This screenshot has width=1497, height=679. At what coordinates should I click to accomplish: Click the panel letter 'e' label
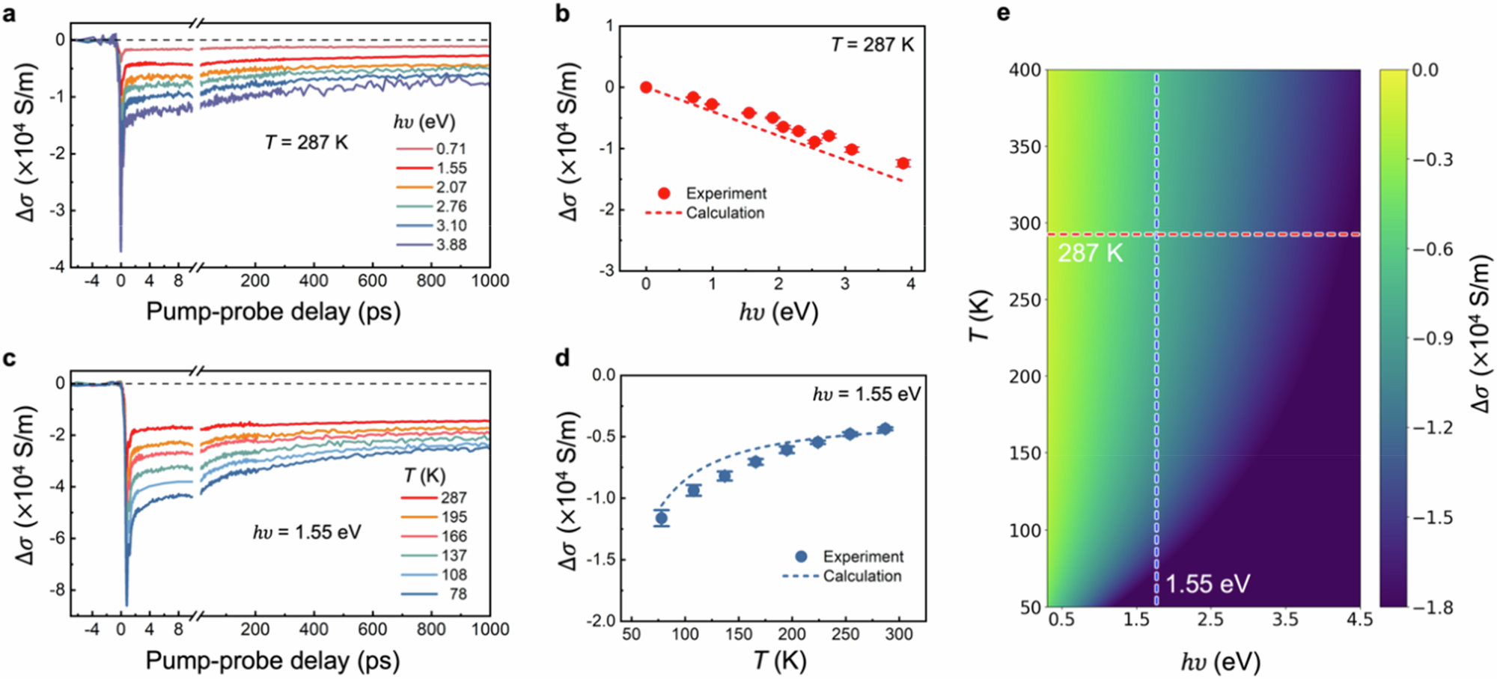click(x=1004, y=13)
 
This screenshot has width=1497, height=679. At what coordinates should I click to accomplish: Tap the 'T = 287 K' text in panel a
click(x=306, y=142)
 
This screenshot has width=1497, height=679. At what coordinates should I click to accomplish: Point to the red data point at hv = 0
click(x=646, y=88)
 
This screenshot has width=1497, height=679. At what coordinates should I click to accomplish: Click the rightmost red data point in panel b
click(x=903, y=163)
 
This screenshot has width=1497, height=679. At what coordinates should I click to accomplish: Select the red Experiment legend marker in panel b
click(x=664, y=194)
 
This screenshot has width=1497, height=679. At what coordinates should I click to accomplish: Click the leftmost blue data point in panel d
click(x=662, y=518)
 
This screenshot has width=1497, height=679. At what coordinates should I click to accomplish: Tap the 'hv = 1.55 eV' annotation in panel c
click(x=307, y=532)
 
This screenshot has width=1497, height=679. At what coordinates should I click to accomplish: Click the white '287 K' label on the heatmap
click(x=1090, y=253)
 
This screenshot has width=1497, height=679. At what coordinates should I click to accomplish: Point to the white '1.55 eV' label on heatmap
click(x=1207, y=584)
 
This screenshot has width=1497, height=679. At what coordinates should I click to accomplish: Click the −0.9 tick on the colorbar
click(x=1432, y=339)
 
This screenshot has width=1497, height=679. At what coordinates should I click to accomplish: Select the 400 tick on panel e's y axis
click(x=1025, y=70)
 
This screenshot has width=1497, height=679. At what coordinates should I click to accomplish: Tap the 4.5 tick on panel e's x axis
click(x=1359, y=620)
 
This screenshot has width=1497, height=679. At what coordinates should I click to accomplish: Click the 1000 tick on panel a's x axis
click(x=490, y=281)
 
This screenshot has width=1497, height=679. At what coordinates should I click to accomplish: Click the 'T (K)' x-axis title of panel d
click(x=779, y=660)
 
